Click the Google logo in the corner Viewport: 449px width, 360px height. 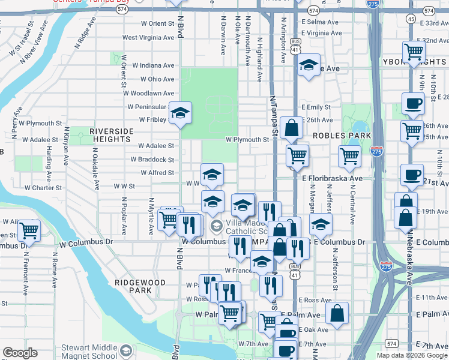(20, 353)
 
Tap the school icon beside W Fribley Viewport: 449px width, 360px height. (179, 113)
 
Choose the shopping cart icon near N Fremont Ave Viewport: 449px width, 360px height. (28, 230)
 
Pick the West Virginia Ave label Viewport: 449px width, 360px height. (148, 37)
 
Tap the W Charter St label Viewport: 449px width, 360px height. (40, 188)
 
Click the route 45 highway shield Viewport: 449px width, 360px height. (411, 19)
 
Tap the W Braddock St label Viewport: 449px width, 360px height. (152, 160)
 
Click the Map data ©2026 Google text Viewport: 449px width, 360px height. (412, 355)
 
